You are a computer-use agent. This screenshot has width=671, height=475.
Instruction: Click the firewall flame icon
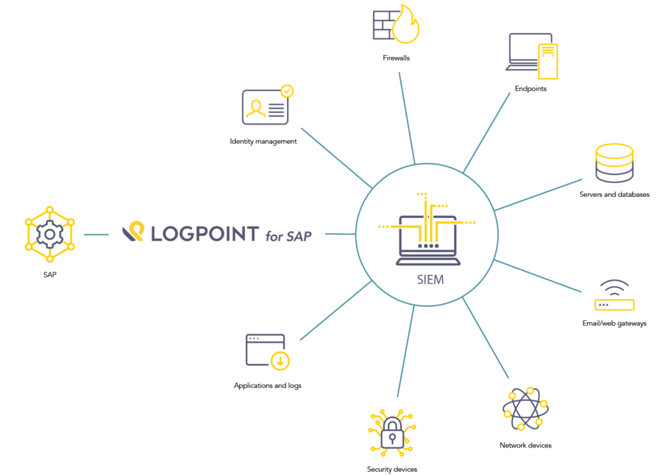[x=406, y=25]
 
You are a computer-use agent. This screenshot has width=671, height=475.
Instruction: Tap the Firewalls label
[x=396, y=58]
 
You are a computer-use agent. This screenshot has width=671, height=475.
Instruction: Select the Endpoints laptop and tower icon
[x=532, y=56]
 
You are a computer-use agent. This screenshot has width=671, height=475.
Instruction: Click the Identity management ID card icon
[x=265, y=107]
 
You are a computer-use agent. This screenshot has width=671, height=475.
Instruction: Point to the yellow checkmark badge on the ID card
[x=287, y=91]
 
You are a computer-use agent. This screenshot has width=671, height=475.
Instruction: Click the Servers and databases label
[x=614, y=194]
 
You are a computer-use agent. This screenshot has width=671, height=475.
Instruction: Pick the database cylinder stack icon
[x=614, y=163]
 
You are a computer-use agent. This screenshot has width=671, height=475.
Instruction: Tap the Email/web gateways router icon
[x=614, y=295]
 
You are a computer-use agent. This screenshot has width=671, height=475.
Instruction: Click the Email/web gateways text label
[x=614, y=323]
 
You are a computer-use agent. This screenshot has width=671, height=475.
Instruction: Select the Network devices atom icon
[x=525, y=409]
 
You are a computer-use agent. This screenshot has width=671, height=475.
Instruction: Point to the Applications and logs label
[x=267, y=386]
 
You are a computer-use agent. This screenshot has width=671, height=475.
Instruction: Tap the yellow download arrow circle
[x=280, y=361]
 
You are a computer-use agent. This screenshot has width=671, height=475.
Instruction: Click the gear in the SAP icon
[x=50, y=234]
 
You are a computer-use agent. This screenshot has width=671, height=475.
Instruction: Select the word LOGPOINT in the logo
[x=204, y=234]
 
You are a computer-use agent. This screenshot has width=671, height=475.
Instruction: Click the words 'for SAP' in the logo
[x=288, y=236]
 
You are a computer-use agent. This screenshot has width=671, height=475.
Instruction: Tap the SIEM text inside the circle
[x=430, y=279]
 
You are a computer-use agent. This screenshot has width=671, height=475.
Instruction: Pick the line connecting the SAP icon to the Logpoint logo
[x=96, y=235]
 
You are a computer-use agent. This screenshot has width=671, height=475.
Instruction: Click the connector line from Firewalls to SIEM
[x=407, y=118]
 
